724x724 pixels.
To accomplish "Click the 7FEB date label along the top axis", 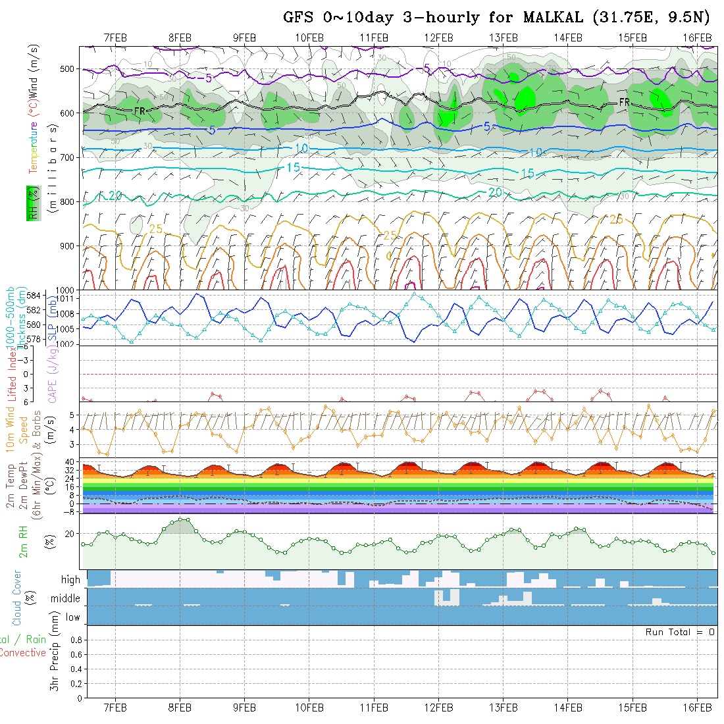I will coord(116,38).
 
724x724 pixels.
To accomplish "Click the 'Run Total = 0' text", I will coord(680,632).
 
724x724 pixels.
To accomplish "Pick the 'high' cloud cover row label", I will coord(70,580).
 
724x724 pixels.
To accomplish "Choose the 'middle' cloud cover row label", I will coord(66,599).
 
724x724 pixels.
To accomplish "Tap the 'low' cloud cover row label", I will coord(72,617).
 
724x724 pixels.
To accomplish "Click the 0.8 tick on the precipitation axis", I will coord(76,640).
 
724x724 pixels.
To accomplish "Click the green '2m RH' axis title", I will coord(24,541).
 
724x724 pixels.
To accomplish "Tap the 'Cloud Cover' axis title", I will coord(17,598).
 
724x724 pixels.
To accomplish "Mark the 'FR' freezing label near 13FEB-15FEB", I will coord(624,102).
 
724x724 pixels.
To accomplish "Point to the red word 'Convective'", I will coord(22,653).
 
